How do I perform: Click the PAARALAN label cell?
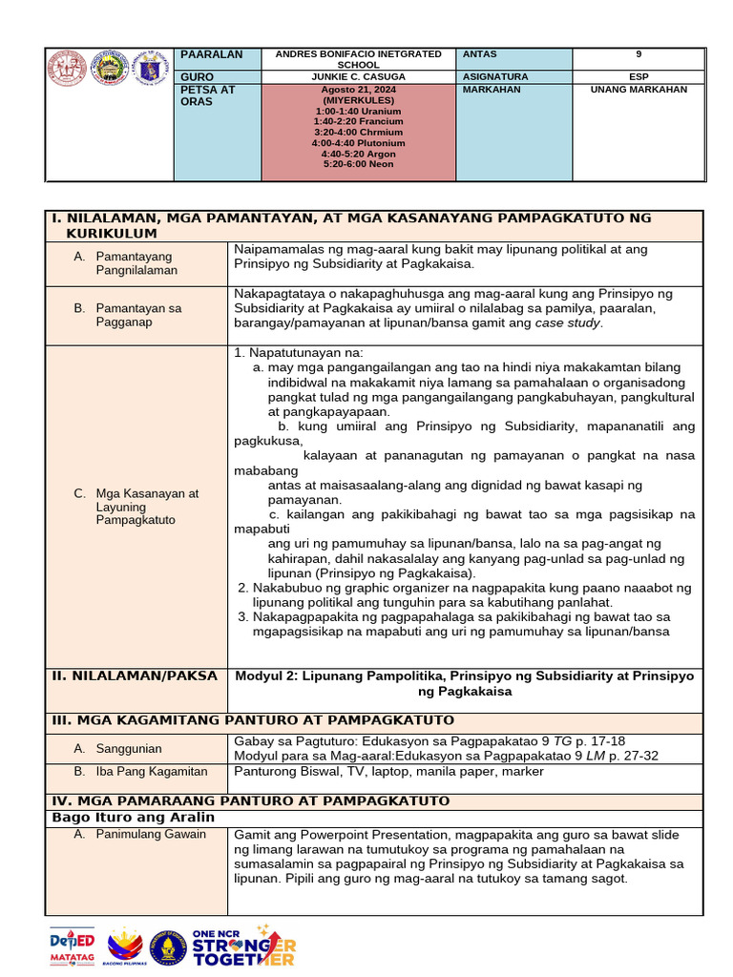pyautogui.click(x=212, y=54)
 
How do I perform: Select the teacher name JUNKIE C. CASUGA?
pyautogui.click(x=358, y=76)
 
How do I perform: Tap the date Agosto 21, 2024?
pyautogui.click(x=359, y=90)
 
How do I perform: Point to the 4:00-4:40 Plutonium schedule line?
pyautogui.click(x=358, y=142)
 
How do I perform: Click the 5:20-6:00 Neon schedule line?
pyautogui.click(x=358, y=164)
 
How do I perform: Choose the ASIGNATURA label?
pyautogui.click(x=494, y=76)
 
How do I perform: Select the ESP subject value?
pyautogui.click(x=638, y=76)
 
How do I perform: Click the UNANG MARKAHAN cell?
pyautogui.click(x=638, y=90)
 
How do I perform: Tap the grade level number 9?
pyautogui.click(x=638, y=54)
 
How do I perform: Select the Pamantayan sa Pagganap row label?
pyautogui.click(x=138, y=315)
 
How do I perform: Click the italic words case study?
pyautogui.click(x=569, y=322)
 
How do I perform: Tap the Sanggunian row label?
pyautogui.click(x=129, y=749)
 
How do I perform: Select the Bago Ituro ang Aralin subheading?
pyautogui.click(x=133, y=817)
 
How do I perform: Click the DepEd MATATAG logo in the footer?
pyautogui.click(x=73, y=946)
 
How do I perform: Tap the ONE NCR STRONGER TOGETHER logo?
pyautogui.click(x=243, y=946)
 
